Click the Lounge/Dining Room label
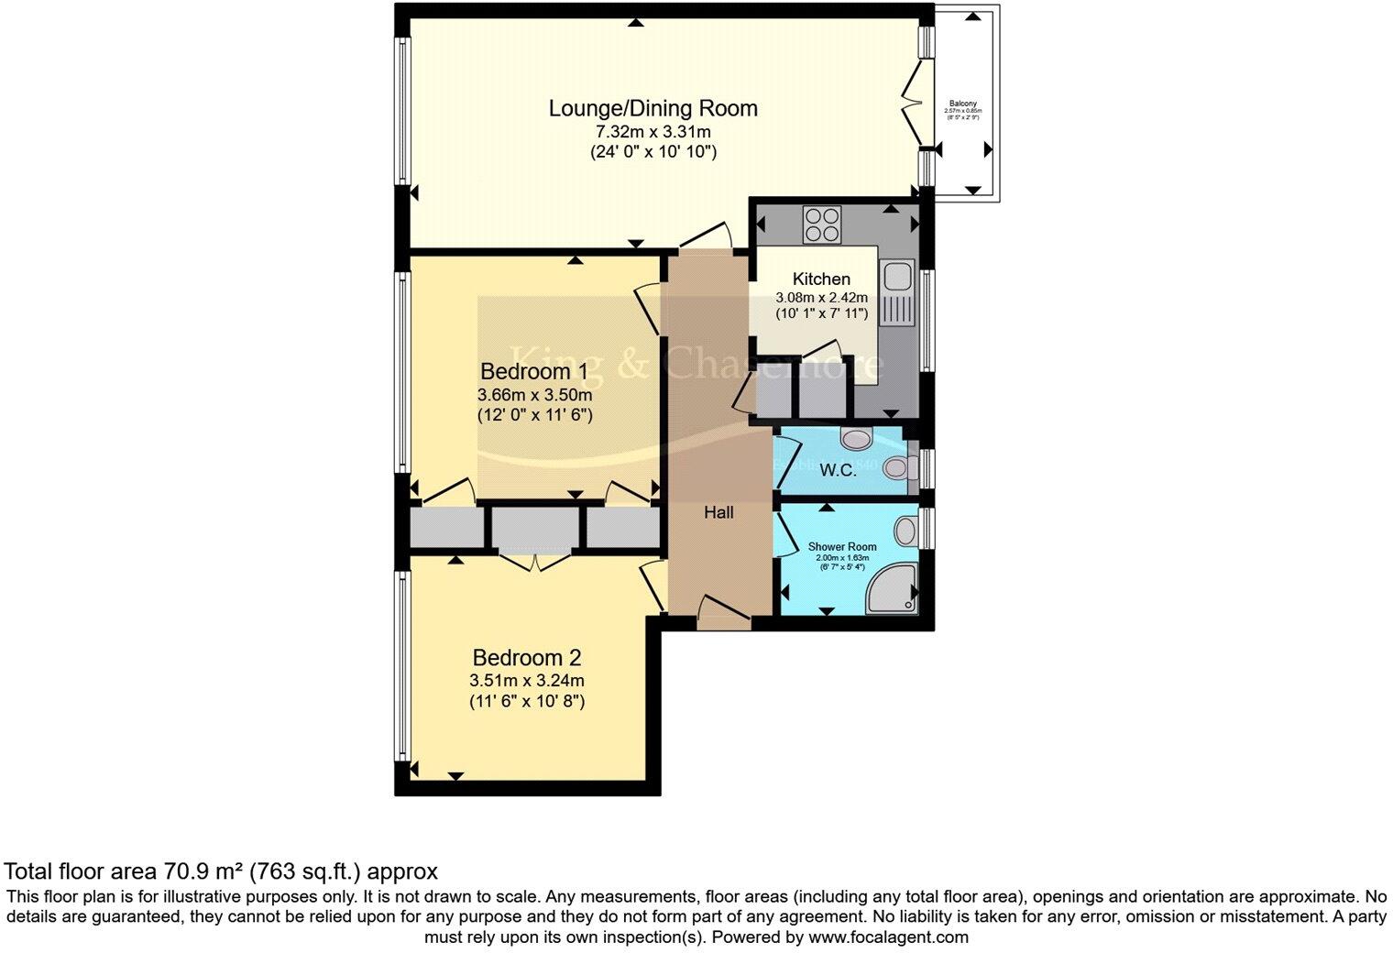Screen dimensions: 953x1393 tap(653, 108)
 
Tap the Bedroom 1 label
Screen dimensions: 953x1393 tap(533, 371)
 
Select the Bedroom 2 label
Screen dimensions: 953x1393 tap(526, 658)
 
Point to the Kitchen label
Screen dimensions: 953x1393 tap(821, 279)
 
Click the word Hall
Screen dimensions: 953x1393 tap(718, 513)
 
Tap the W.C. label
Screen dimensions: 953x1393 tap(838, 471)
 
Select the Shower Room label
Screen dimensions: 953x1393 tap(842, 547)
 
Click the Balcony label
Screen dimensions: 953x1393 tap(962, 104)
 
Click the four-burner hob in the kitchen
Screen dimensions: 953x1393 tap(822, 225)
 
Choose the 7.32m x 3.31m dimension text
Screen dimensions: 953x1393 tap(653, 132)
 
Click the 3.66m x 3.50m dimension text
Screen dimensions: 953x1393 tap(534, 395)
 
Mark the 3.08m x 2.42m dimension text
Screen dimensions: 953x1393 tap(821, 298)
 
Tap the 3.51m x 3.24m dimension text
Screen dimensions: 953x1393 tap(526, 681)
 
